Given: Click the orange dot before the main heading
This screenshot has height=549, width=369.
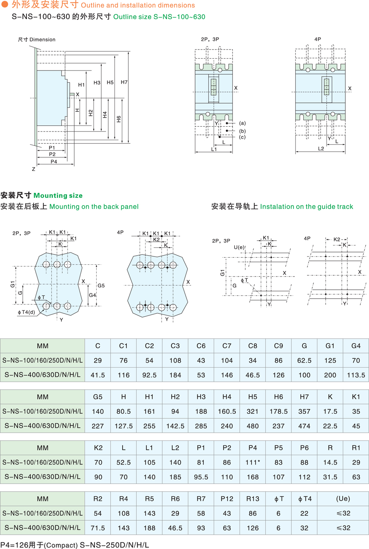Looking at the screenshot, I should click(x=5, y=5).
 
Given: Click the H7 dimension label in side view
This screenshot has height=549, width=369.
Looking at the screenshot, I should click(x=124, y=82).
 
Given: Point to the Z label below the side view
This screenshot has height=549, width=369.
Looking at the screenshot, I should click(x=34, y=169).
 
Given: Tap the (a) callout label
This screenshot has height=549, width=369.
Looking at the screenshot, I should click(x=242, y=123).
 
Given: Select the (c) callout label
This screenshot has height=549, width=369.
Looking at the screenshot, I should click(x=242, y=137).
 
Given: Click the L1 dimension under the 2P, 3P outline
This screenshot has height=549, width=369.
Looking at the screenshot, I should click(x=214, y=150).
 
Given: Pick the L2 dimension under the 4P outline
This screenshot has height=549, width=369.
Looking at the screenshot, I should click(x=321, y=149).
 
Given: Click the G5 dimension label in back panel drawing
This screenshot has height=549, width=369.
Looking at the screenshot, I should click(x=101, y=285).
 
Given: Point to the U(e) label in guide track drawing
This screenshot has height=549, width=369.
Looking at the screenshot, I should click(x=239, y=247).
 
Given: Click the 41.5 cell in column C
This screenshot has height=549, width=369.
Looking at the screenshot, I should click(x=98, y=375).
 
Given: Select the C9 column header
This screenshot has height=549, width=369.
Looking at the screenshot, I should click(x=278, y=346).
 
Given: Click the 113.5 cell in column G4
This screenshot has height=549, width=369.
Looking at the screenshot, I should click(x=356, y=375).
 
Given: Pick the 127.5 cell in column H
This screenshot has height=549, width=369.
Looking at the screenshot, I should click(x=123, y=426).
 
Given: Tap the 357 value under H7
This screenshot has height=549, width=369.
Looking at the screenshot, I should click(x=304, y=411).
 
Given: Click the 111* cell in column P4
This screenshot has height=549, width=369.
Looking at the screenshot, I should click(x=253, y=463).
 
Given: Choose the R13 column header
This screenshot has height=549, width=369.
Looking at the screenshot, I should click(x=253, y=499).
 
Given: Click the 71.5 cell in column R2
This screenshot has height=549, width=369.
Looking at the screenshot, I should click(x=98, y=528).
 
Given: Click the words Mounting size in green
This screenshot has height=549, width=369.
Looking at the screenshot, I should click(x=58, y=195).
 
